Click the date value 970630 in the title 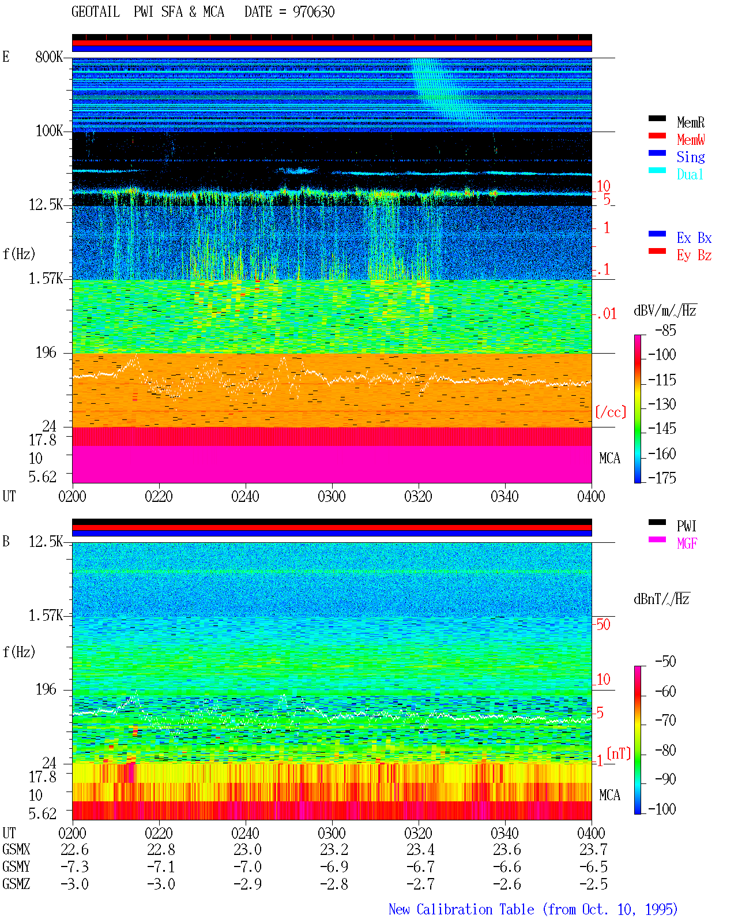tap(313, 12)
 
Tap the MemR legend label tap(690, 122)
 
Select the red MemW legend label tap(690, 139)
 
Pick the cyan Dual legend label tap(690, 174)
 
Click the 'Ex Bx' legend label tap(694, 238)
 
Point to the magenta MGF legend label tap(687, 543)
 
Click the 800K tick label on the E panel tap(49, 57)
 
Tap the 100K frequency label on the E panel tap(49, 131)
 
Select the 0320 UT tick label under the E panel tap(418, 496)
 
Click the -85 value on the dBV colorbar tap(665, 330)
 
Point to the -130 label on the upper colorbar tap(662, 404)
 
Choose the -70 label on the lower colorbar tap(665, 721)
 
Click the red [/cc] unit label tap(611, 412)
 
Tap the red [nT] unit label tap(619, 753)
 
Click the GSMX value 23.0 tap(247, 849)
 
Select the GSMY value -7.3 tap(74, 867)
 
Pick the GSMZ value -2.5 tap(593, 884)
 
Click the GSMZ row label tap(16, 884)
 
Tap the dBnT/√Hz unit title tap(661, 599)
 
